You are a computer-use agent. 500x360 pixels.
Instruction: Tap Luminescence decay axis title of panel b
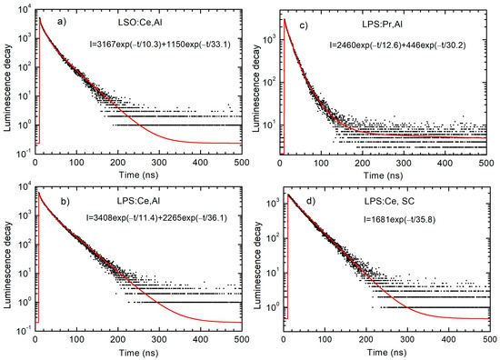point(7,264)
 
